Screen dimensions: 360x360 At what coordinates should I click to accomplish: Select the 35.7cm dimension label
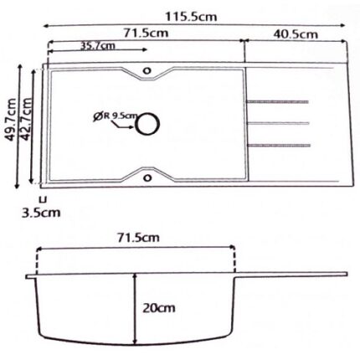pyautogui.click(x=97, y=46)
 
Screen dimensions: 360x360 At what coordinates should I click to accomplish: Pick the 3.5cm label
pyautogui.click(x=40, y=212)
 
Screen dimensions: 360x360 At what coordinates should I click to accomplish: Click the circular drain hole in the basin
pyautogui.click(x=148, y=124)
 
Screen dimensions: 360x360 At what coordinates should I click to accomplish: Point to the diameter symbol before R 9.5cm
pyautogui.click(x=99, y=116)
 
